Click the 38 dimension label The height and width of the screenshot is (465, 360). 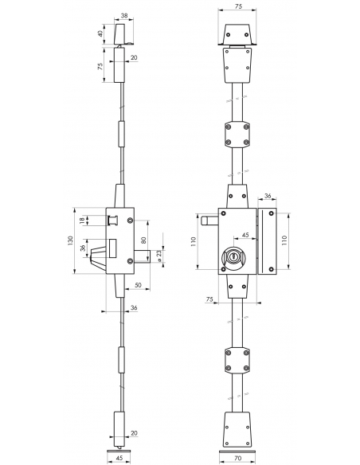click(x=124, y=16)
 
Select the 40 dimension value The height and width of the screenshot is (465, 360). click(x=101, y=33)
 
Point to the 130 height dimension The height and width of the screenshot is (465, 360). click(x=70, y=240)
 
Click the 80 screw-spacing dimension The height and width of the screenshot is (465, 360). click(x=143, y=240)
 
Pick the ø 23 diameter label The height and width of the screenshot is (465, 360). click(x=159, y=256)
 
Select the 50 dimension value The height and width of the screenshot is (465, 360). click(x=139, y=285)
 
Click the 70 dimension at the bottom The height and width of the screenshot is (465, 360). click(x=238, y=458)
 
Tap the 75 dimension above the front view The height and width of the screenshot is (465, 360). click(x=238, y=6)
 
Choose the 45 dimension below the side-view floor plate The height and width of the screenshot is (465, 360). click(x=119, y=458)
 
